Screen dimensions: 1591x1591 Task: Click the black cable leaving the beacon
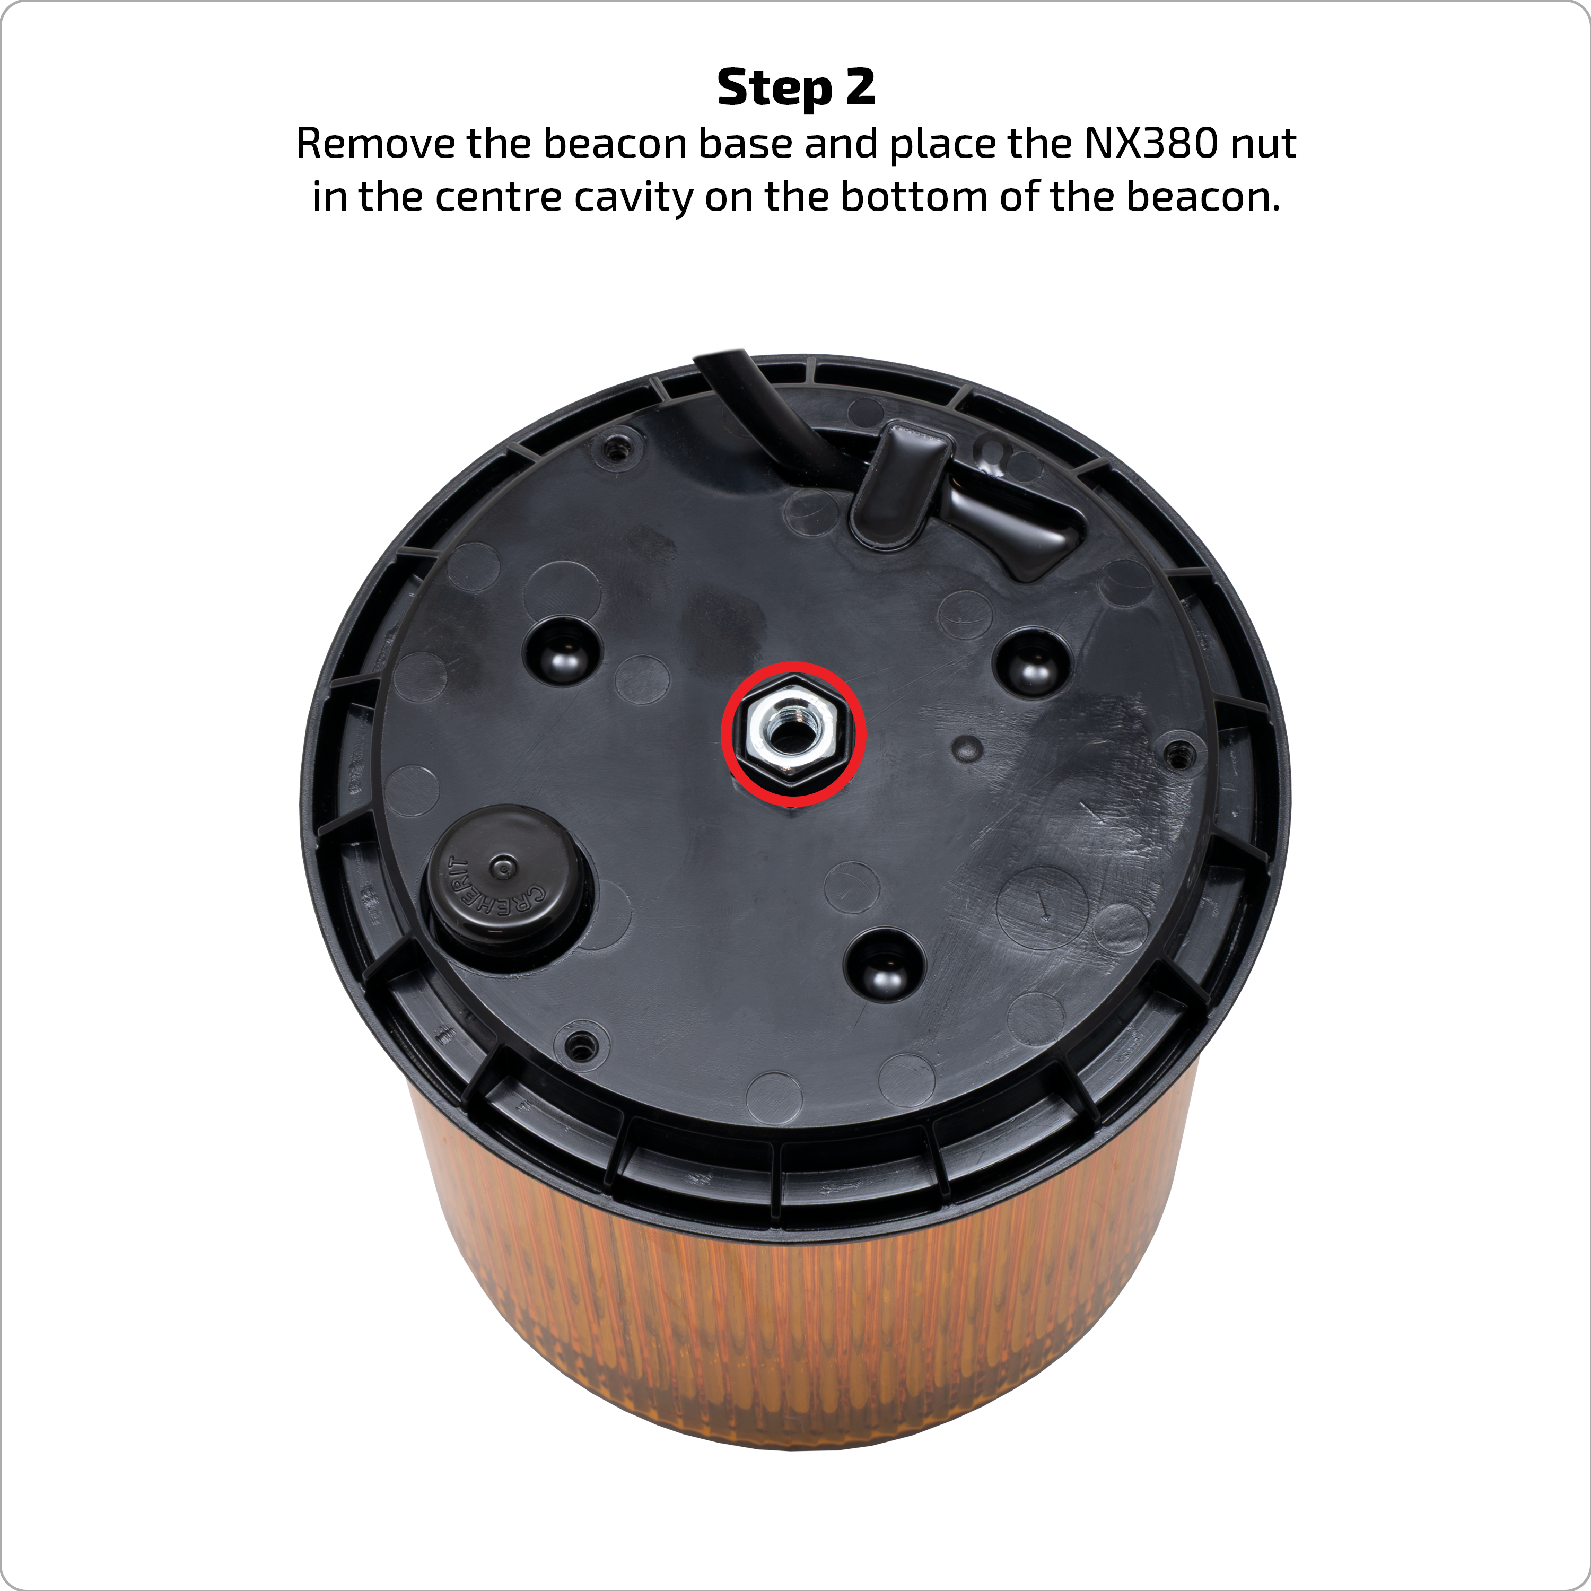click(x=766, y=412)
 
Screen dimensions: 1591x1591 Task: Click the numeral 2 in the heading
click(x=860, y=86)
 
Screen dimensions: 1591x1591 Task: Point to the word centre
click(x=497, y=198)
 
